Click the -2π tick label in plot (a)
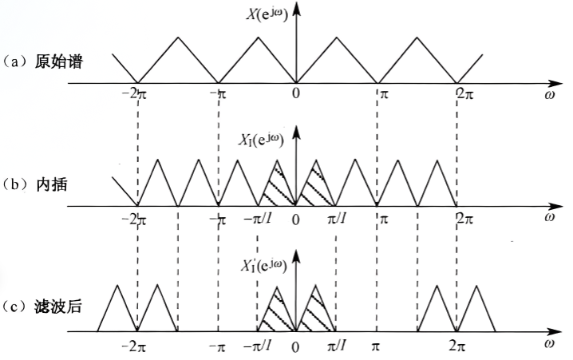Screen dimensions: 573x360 pyautogui.click(x=135, y=94)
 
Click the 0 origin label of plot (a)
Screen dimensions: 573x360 pyautogui.click(x=296, y=94)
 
